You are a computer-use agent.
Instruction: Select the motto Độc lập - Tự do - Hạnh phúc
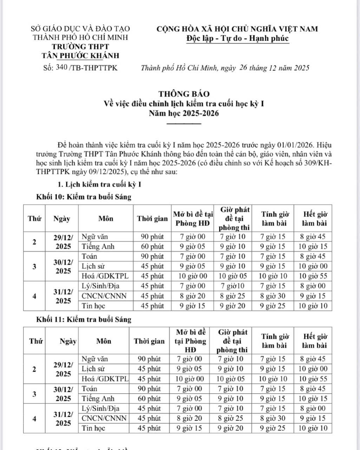[x=237, y=38]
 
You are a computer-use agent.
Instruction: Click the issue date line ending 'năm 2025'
[x=225, y=68]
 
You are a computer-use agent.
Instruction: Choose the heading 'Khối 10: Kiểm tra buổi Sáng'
[x=84, y=197]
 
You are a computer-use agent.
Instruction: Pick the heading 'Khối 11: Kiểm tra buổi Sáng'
[x=84, y=320]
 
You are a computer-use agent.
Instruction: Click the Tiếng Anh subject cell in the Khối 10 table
[x=98, y=247]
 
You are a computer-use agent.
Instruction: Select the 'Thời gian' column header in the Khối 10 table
[x=152, y=219]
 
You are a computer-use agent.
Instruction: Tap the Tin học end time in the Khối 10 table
[x=313, y=306]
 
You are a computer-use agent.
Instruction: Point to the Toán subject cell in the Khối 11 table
[x=90, y=389]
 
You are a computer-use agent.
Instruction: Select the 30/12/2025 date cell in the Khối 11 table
[x=63, y=394]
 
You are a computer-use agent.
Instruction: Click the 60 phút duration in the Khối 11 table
[x=149, y=399]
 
